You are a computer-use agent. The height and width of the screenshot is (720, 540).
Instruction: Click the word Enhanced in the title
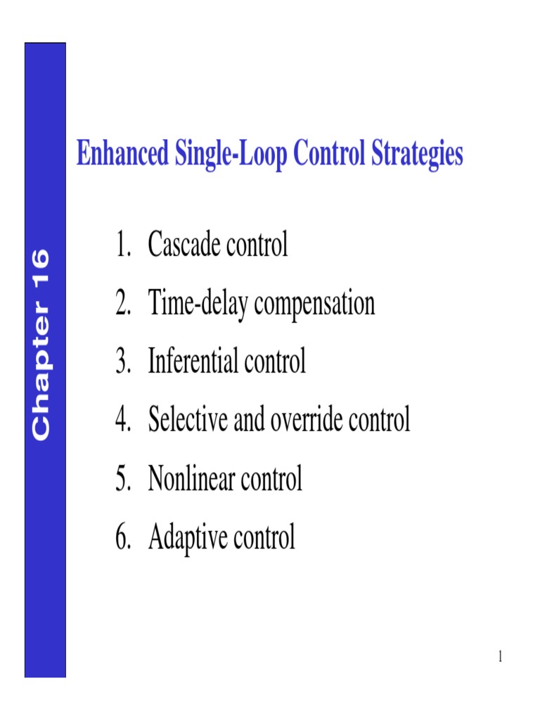pos(121,154)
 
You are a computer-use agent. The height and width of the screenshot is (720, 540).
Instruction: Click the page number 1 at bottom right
pos(500,657)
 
